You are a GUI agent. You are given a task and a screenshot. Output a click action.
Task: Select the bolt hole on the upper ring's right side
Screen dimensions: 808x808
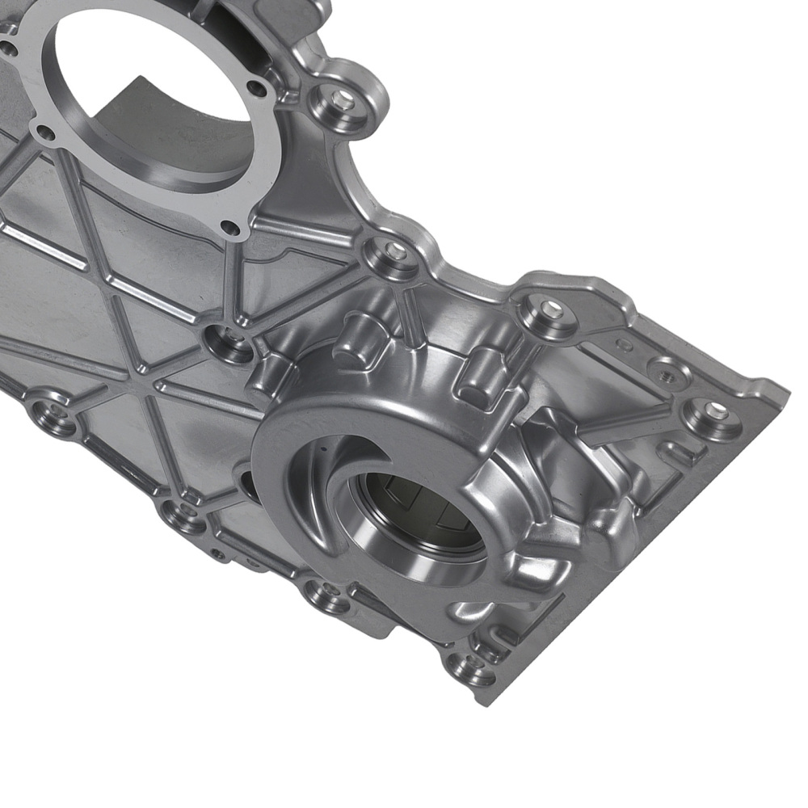pos(256,88)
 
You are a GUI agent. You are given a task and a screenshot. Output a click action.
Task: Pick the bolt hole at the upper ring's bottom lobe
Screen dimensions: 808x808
pos(230,228)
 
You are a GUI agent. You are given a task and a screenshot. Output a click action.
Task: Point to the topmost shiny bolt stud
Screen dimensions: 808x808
pos(343,99)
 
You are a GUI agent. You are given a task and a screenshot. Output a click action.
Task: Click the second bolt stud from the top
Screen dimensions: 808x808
pos(394,252)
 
